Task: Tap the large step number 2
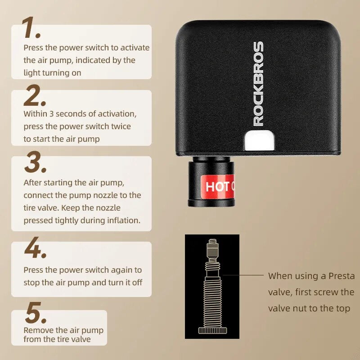(x=34, y=96)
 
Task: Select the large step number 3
(x=34, y=163)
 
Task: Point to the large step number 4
(x=35, y=249)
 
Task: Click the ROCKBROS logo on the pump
(x=258, y=84)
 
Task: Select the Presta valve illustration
(x=211, y=287)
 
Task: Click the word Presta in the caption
(x=342, y=275)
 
